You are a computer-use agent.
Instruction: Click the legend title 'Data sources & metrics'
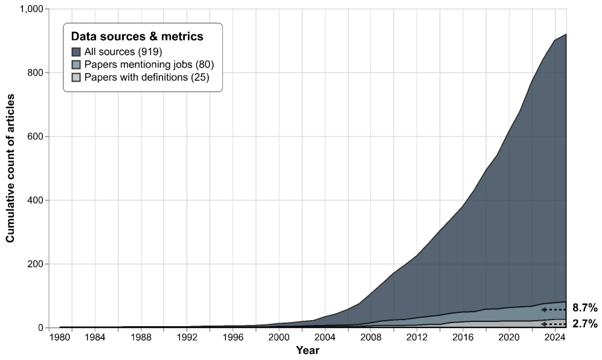(137, 37)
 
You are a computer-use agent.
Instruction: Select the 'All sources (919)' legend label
(123, 51)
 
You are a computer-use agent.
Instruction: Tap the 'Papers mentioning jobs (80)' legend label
(149, 65)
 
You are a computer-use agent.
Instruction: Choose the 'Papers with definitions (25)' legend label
(146, 77)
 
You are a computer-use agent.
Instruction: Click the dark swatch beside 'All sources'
(76, 51)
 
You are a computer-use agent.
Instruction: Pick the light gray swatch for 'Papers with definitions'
(76, 77)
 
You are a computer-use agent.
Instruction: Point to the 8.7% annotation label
(584, 307)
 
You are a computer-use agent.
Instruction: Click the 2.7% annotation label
(584, 324)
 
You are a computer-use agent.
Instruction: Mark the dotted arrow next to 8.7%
(554, 309)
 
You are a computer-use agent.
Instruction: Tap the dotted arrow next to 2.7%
(554, 324)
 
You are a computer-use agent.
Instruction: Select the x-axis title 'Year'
(307, 350)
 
